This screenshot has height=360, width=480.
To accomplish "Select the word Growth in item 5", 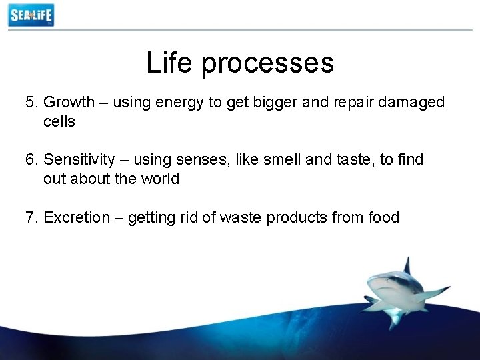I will point(69,103).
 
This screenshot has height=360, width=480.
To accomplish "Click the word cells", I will point(59,121).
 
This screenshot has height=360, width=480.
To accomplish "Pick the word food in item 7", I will point(383,217).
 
